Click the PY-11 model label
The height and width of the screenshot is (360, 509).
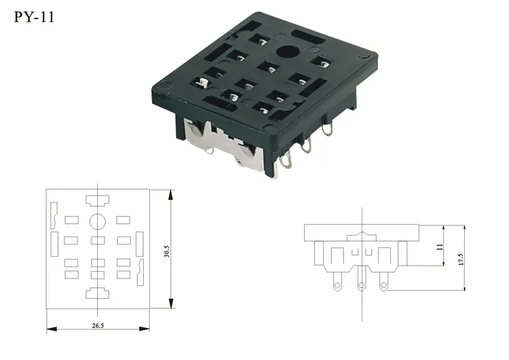33,16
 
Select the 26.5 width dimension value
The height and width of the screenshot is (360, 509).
98,326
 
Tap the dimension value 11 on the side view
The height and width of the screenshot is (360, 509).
439,249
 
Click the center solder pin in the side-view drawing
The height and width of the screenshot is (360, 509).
362,285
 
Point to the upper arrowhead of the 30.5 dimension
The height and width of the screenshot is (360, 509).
171,194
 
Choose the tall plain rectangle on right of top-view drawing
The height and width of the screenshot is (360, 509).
140,242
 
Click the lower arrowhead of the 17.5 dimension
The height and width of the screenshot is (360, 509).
466,287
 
